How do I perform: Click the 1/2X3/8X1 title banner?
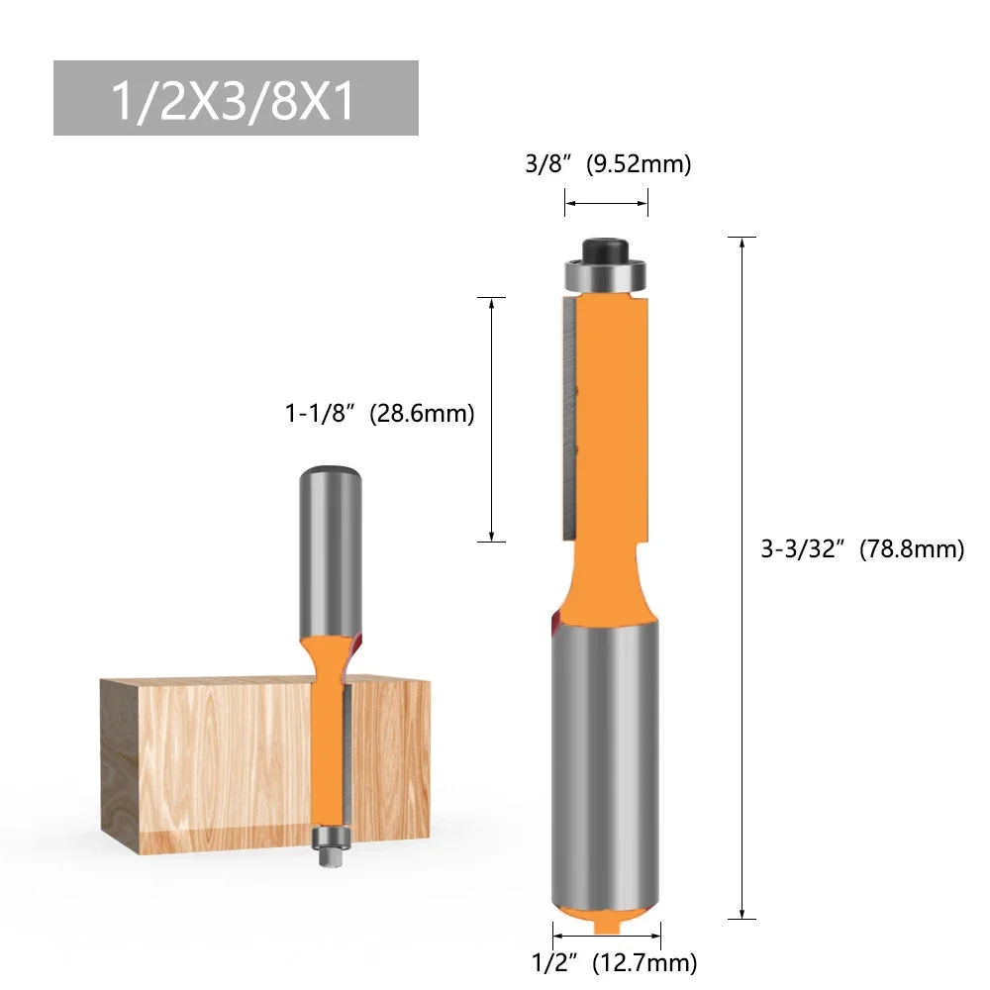point(236,98)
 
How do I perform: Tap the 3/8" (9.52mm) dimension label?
point(606,164)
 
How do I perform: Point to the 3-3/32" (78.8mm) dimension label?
point(862,549)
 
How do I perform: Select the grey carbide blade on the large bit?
point(565,416)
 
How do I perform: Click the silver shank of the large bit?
point(605,752)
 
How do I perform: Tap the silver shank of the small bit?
point(330,544)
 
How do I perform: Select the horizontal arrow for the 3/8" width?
point(606,205)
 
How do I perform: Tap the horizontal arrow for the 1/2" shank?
point(606,934)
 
